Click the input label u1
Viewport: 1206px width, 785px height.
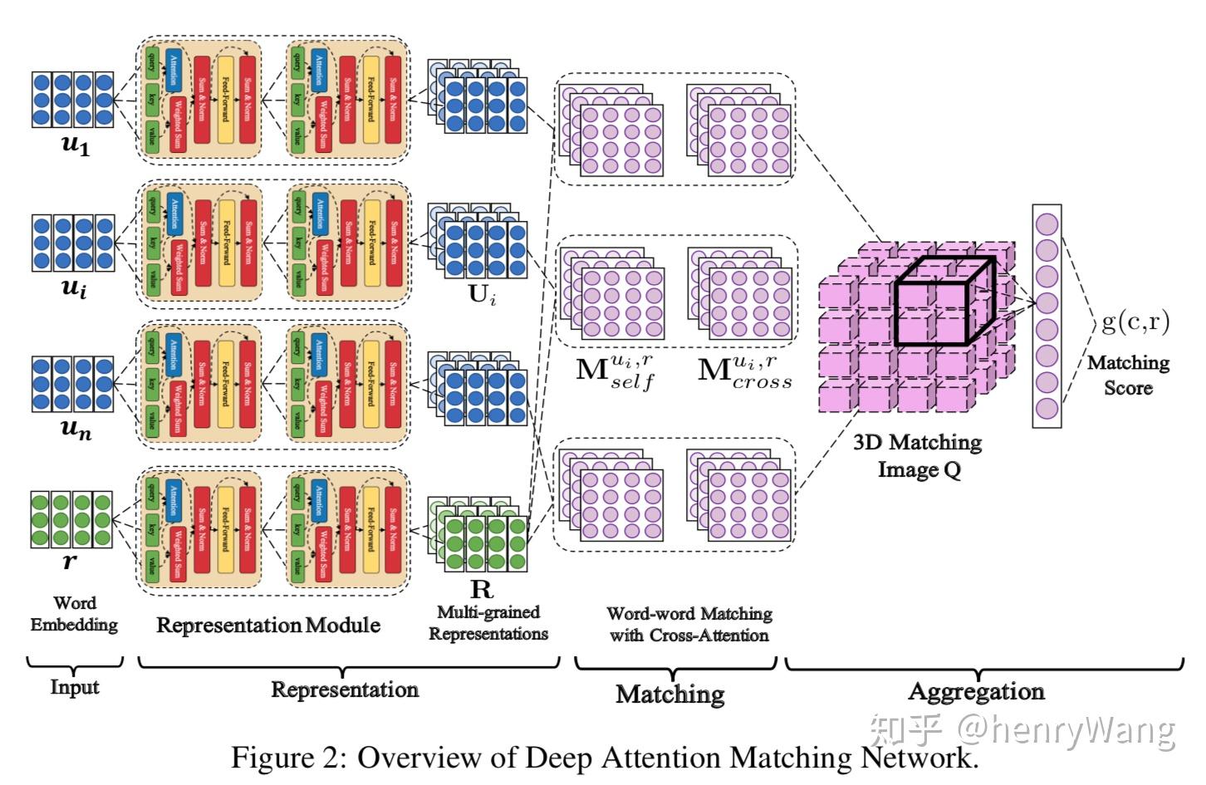[75, 145]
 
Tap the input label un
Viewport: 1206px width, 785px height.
[76, 429]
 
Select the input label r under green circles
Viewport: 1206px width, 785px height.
[70, 562]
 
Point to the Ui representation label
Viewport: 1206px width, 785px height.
[483, 294]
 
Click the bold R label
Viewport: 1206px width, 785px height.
[482, 589]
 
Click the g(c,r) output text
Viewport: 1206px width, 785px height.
[1135, 321]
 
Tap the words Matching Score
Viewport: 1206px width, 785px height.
[1128, 375]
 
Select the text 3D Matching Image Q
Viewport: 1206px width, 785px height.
[918, 455]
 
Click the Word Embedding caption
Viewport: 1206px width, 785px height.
[74, 614]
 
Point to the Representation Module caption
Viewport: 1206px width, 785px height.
[268, 625]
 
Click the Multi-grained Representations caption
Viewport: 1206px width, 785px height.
[488, 623]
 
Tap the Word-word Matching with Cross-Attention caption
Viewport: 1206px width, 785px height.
[689, 624]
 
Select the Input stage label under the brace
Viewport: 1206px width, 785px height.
[74, 687]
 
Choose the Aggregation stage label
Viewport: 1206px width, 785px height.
[976, 691]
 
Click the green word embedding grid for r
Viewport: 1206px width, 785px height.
[71, 518]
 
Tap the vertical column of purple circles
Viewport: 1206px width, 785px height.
[1047, 316]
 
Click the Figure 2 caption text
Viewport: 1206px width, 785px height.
[604, 758]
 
